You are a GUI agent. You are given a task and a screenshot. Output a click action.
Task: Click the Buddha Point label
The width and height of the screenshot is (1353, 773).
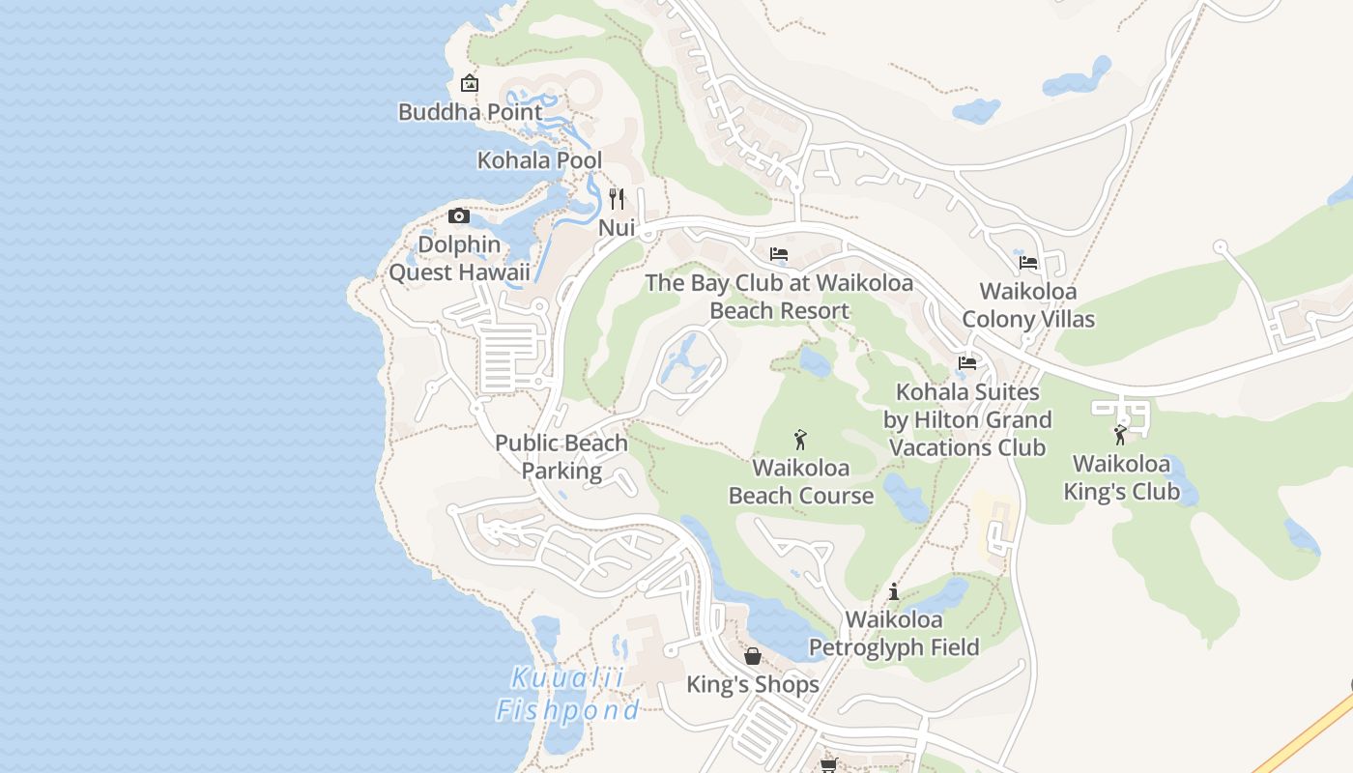click(x=471, y=112)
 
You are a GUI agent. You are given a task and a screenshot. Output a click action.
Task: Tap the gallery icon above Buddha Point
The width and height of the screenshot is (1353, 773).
click(x=470, y=83)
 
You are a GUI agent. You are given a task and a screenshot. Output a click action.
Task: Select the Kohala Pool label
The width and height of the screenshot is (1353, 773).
click(x=539, y=160)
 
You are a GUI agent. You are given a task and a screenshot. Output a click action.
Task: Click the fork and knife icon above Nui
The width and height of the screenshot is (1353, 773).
click(x=617, y=199)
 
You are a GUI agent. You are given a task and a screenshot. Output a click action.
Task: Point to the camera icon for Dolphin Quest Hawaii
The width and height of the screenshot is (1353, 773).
click(x=459, y=215)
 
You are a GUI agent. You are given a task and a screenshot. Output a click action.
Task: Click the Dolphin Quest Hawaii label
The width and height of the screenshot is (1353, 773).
click(x=459, y=258)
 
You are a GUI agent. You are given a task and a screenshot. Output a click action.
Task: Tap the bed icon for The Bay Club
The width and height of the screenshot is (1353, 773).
click(x=779, y=254)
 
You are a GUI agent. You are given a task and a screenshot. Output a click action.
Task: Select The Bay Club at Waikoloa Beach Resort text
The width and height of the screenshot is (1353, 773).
click(x=779, y=297)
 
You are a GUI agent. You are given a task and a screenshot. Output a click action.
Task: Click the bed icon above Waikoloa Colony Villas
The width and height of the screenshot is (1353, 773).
click(x=1028, y=262)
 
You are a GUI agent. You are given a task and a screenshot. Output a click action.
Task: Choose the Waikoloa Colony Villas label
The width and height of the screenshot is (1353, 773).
click(x=1028, y=304)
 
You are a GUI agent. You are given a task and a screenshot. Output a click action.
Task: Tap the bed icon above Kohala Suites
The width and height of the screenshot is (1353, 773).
click(x=967, y=363)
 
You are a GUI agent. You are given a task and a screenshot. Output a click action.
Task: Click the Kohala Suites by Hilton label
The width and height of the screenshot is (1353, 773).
click(x=967, y=419)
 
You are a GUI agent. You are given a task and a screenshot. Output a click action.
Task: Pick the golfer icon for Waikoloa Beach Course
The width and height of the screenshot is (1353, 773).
click(x=800, y=440)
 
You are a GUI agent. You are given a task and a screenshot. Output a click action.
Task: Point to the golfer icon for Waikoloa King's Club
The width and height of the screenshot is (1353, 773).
click(x=1121, y=435)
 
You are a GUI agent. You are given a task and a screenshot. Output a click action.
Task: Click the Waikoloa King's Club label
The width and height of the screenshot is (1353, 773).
click(x=1121, y=477)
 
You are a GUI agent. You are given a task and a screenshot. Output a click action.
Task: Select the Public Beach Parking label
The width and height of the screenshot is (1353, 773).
click(x=561, y=457)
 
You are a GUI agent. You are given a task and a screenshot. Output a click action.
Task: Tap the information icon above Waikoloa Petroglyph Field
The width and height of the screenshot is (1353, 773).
click(x=894, y=591)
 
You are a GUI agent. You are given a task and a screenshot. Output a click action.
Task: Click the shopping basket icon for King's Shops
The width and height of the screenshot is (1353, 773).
click(x=753, y=657)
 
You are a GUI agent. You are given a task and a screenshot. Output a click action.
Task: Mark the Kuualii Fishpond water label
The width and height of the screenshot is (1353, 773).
click(x=567, y=695)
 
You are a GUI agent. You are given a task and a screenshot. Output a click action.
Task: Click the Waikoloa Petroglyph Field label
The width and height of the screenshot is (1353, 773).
click(x=894, y=633)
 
